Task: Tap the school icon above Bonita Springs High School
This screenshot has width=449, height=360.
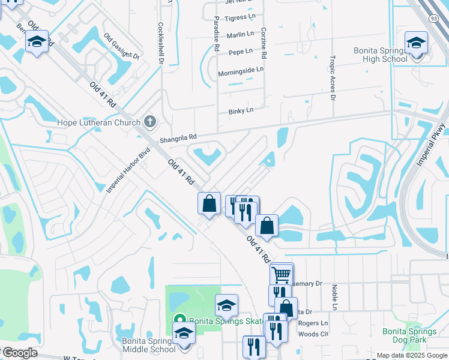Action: [x=415, y=43]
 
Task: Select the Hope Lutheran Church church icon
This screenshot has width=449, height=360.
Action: [x=150, y=122]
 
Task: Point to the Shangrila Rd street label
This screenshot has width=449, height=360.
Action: [x=178, y=138]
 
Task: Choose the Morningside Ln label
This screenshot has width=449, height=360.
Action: [x=241, y=70]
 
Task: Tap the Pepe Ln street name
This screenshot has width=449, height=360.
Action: [x=240, y=52]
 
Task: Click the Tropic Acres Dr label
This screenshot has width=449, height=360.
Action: [x=333, y=76]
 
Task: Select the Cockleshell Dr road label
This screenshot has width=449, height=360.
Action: [x=161, y=43]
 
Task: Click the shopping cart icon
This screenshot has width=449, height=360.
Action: [x=282, y=275]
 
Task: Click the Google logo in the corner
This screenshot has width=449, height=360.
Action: [x=19, y=353]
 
